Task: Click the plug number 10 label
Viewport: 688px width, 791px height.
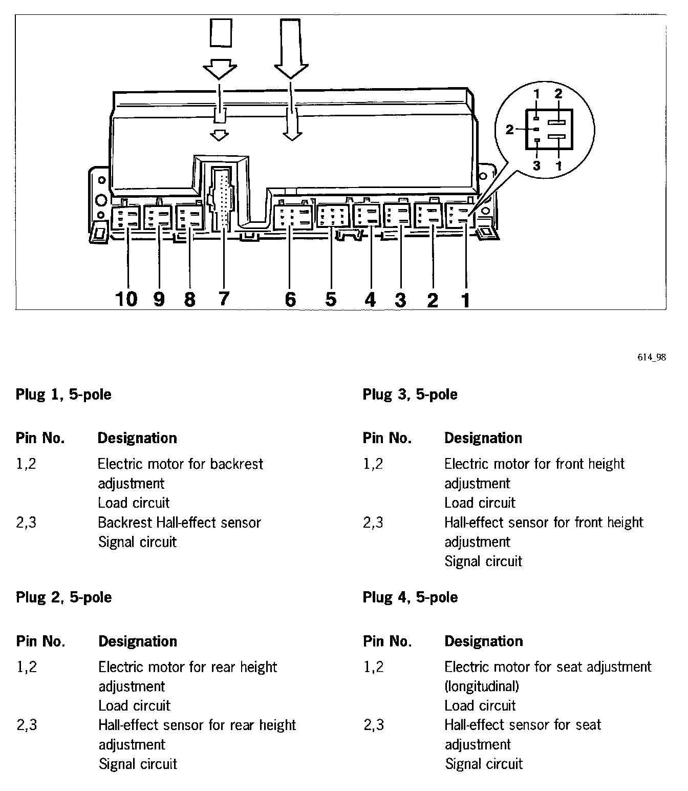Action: [126, 298]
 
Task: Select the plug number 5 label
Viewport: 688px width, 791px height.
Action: [331, 299]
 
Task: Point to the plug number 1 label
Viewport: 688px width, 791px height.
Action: [465, 300]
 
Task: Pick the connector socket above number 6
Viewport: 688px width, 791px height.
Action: [293, 217]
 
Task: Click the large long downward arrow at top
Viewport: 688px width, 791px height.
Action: [291, 51]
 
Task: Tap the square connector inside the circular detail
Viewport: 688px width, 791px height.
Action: [548, 130]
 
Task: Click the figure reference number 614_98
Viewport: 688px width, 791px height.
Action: [652, 358]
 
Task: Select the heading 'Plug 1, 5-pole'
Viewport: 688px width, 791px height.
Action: [63, 394]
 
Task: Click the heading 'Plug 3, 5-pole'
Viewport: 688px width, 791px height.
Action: [410, 394]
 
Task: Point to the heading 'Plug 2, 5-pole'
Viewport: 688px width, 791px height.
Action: [63, 597]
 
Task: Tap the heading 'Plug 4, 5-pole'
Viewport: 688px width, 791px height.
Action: [410, 597]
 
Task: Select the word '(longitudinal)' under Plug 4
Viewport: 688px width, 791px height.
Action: [482, 686]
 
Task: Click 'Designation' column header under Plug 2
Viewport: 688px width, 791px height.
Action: [138, 641]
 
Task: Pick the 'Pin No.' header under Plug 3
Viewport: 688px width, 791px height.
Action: [387, 438]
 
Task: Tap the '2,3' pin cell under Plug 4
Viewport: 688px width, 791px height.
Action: [374, 725]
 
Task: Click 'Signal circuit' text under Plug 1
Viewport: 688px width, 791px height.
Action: [137, 542]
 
